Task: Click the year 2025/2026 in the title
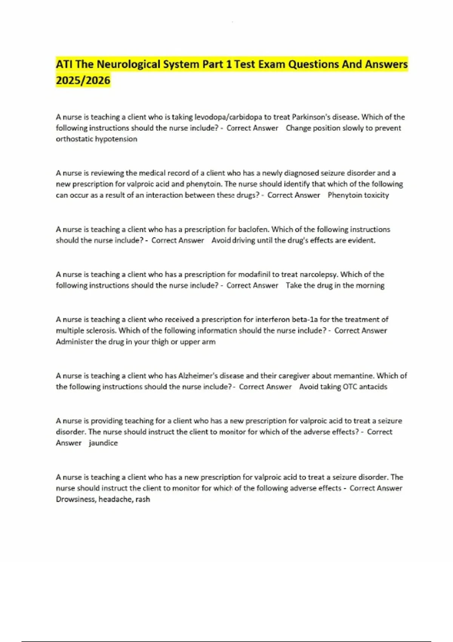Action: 83,80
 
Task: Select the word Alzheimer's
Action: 197,376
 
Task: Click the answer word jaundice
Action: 103,443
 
